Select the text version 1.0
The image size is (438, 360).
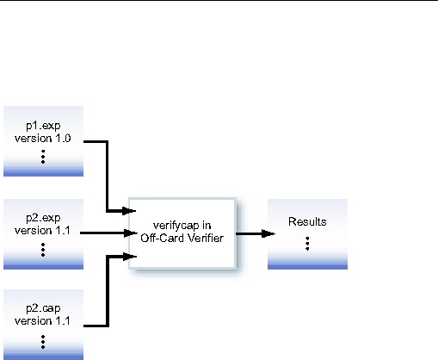click(x=43, y=139)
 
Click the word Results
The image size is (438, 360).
click(x=307, y=221)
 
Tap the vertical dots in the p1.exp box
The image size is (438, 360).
click(x=43, y=158)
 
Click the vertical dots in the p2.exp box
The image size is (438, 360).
click(x=43, y=250)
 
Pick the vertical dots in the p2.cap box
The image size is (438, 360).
click(x=43, y=341)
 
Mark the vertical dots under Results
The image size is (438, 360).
click(x=307, y=244)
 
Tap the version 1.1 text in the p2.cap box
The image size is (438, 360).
click(x=43, y=322)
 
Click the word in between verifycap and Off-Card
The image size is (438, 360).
click(x=213, y=225)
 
